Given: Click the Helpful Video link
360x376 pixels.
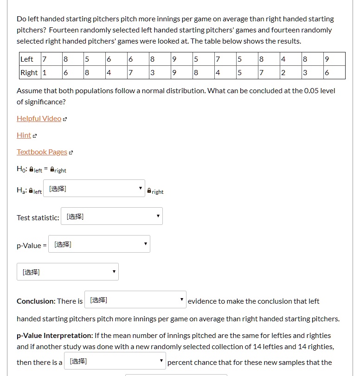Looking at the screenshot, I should (39, 119).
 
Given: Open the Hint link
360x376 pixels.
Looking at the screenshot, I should (24, 135).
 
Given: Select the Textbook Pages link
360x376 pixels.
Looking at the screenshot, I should (42, 152).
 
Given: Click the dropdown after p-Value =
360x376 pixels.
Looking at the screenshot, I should (99, 244).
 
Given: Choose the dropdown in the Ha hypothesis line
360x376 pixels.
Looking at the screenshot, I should (94, 189).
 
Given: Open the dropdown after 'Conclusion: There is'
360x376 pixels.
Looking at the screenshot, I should (135, 300).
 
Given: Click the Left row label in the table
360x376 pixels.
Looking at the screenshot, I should (27, 59).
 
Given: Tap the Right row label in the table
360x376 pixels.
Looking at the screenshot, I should (29, 73).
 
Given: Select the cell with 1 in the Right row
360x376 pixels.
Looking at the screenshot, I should (45, 73).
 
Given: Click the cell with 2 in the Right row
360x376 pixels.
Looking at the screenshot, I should (283, 73).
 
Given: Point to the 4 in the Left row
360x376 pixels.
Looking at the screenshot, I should (283, 59).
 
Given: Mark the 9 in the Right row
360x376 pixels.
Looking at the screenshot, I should (174, 73).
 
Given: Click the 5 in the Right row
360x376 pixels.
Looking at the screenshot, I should (239, 73).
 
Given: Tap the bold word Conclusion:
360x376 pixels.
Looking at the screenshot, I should (36, 301).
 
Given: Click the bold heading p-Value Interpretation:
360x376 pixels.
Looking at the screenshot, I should (55, 336).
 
